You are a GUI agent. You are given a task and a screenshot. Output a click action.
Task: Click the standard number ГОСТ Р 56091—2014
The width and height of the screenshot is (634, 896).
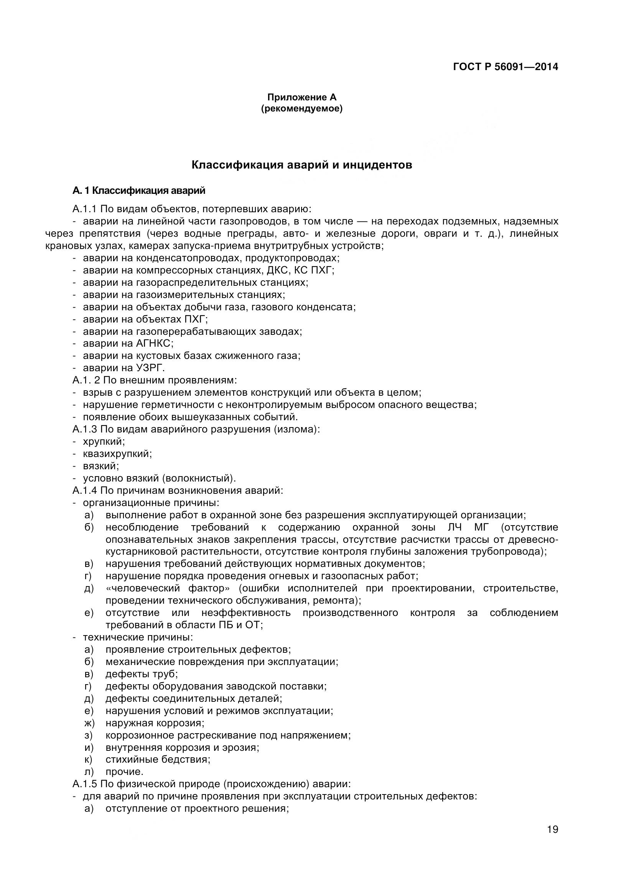[x=505, y=67]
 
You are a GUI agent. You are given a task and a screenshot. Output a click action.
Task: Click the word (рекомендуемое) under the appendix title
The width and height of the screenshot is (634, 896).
[x=301, y=109]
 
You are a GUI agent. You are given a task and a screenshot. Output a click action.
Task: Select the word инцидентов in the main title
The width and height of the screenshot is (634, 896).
[x=377, y=165]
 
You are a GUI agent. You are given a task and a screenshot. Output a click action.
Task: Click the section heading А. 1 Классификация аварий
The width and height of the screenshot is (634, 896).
[x=139, y=191]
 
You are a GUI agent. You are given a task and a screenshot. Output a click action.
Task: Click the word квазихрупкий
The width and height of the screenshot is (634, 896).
[x=117, y=454]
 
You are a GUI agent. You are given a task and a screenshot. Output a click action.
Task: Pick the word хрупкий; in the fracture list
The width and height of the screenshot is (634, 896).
[x=104, y=442]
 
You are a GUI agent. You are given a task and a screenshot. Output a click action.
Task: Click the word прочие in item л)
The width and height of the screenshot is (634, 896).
[x=124, y=772]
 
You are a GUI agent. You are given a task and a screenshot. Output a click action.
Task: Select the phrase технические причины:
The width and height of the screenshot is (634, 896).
[x=138, y=638]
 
